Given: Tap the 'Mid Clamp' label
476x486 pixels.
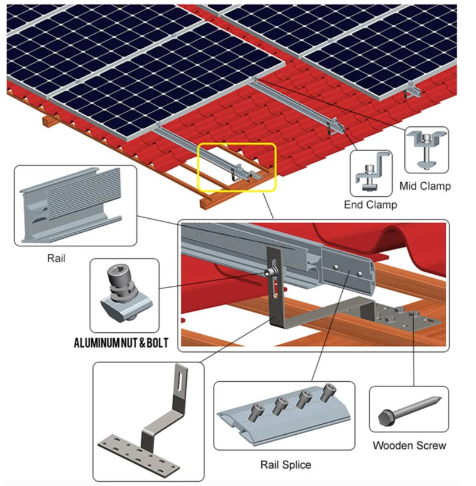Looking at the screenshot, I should [425, 186].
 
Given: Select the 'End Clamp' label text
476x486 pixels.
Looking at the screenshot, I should [371, 205].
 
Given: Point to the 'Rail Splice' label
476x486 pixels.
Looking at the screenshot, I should [285, 464].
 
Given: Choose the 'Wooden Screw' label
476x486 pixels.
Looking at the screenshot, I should [410, 446].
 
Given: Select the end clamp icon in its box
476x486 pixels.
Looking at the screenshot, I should [371, 172].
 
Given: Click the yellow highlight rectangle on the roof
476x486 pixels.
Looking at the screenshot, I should [237, 167].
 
